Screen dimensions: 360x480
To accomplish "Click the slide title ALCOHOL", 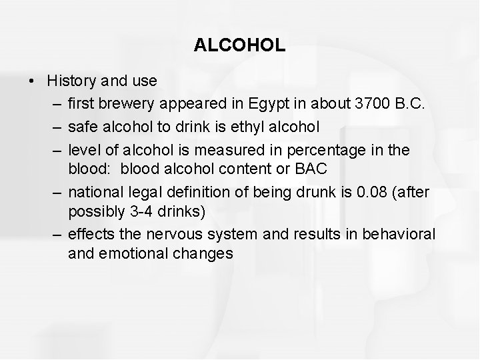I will point(240,45).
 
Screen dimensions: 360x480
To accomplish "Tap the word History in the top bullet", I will point(72,81).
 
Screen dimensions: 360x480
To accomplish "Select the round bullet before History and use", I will point(31,81).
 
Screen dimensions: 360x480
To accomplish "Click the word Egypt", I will point(266,105).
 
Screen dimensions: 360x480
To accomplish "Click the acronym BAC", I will point(307,169).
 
